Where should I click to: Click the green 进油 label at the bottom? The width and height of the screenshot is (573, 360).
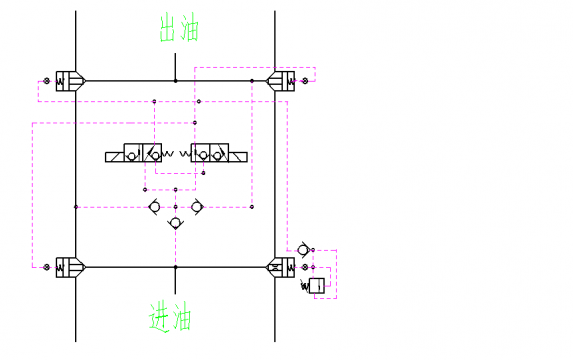[x=169, y=318]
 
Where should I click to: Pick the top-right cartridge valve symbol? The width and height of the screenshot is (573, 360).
[x=281, y=80]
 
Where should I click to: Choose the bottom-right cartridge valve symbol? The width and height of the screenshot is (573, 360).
[x=281, y=267]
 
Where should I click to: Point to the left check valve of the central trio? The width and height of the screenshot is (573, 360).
[x=154, y=207]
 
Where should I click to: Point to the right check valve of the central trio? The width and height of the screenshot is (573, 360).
[x=198, y=207]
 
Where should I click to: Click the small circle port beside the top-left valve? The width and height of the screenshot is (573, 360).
[x=46, y=80]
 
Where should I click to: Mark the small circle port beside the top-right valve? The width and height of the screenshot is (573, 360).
[x=305, y=80]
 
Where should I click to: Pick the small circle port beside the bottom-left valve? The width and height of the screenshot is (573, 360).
[x=46, y=267]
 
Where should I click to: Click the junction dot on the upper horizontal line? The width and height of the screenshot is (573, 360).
[x=176, y=80]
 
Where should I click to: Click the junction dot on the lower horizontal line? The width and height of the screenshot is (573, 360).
[x=176, y=267]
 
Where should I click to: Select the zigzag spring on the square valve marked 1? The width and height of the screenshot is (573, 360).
[x=305, y=287]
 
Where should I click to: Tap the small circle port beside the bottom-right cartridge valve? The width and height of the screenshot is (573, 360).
[x=304, y=267]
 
